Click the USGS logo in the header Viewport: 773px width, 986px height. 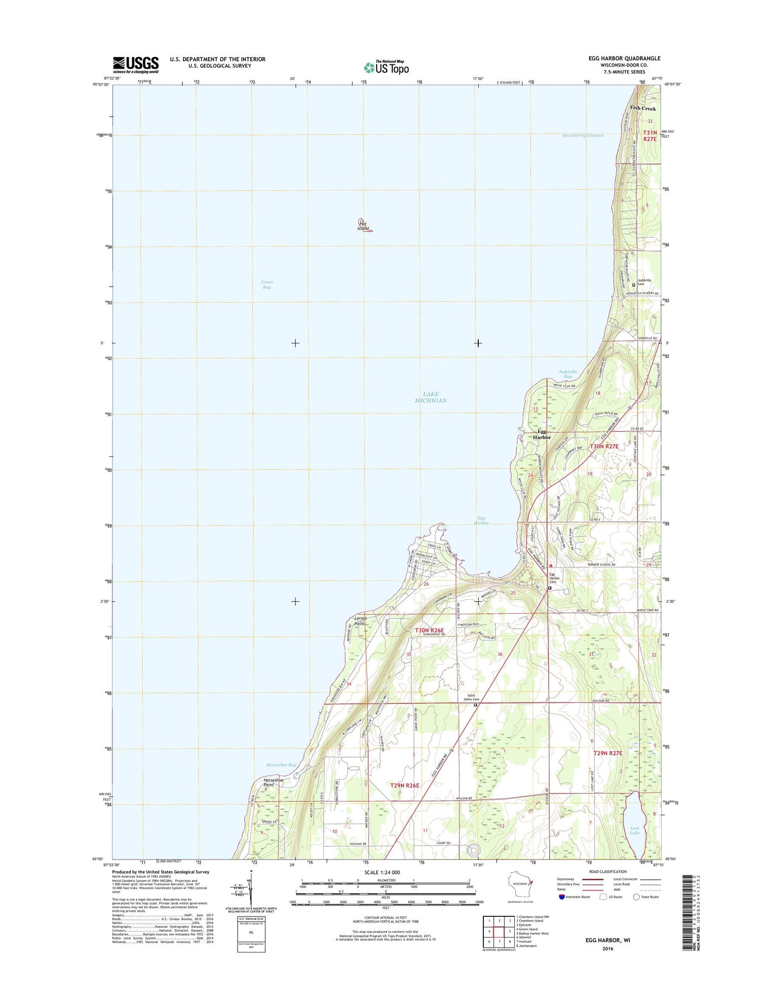coord(136,64)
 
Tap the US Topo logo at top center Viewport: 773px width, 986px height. coord(386,67)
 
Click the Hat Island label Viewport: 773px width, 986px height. coord(363,226)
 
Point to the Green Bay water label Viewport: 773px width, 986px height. coord(266,285)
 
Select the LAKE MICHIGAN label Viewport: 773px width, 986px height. coord(431,397)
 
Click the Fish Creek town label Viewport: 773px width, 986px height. coord(643,108)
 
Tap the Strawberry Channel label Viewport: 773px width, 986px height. coord(582,136)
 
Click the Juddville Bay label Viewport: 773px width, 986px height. coord(567,374)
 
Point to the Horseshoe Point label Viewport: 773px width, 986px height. coord(273,782)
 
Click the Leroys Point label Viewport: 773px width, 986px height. coord(360,621)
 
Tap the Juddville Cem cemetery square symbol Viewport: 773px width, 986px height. coord(633,285)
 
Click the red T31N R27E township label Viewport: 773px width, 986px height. coord(649,136)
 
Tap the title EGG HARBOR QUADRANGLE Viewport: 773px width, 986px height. coord(624,58)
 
